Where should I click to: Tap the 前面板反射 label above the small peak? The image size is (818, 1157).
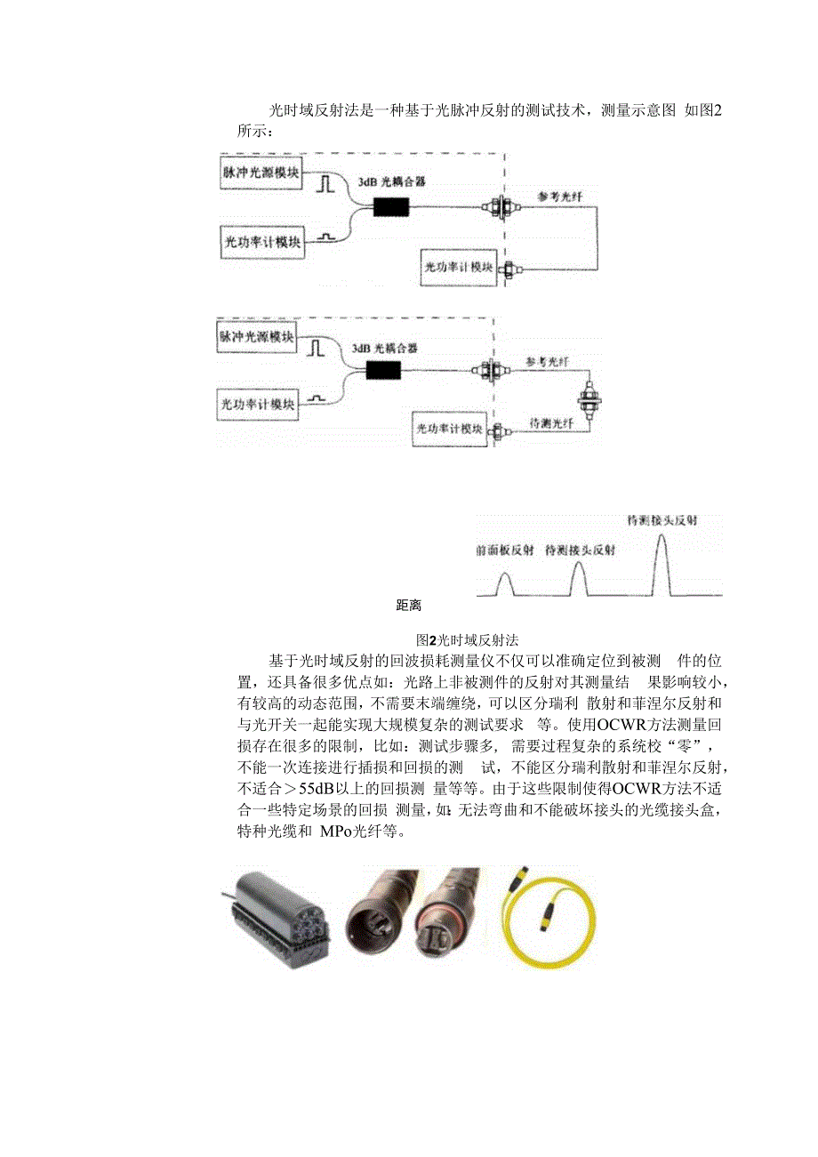point(504,551)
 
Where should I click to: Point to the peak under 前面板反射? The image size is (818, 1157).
point(504,584)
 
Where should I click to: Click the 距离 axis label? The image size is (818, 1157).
point(408,606)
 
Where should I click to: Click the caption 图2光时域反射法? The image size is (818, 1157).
point(473,639)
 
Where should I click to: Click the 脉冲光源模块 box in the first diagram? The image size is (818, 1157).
point(262,172)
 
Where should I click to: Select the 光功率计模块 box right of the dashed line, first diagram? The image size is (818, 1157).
point(459,267)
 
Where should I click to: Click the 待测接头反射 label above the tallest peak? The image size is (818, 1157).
point(661,519)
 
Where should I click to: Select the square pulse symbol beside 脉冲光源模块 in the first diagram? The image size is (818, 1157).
point(325,182)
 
